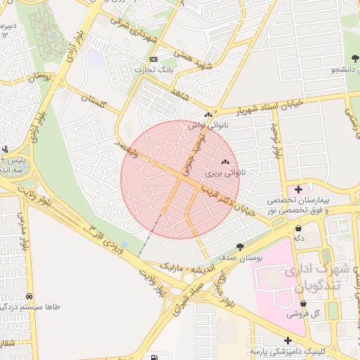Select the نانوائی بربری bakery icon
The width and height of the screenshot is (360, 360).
(x=225, y=162)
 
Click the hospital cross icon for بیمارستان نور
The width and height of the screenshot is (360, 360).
(x=299, y=189)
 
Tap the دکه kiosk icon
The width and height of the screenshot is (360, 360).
(x=300, y=228)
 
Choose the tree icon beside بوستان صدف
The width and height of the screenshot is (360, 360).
(x=240, y=247)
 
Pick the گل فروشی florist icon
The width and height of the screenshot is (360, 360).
(x=303, y=304)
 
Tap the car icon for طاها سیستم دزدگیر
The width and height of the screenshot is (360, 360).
(x=30, y=296)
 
